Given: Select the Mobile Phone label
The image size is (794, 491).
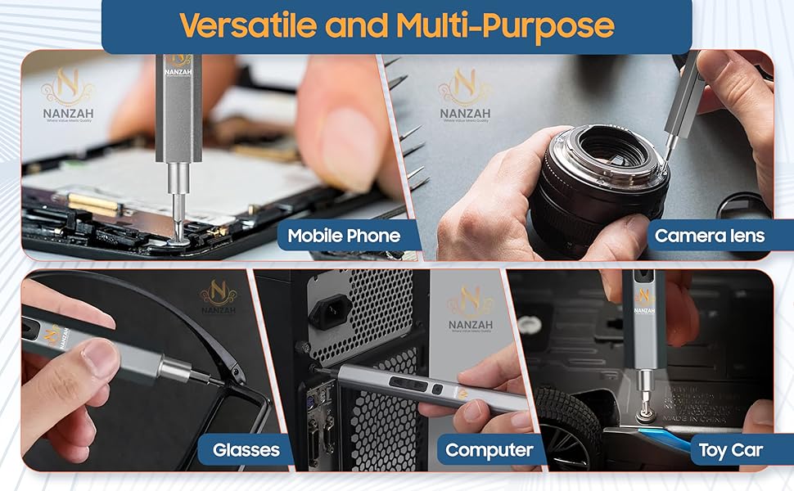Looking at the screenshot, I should (344, 236).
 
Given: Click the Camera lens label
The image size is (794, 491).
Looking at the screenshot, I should (710, 236).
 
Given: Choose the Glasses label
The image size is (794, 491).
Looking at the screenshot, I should (246, 450).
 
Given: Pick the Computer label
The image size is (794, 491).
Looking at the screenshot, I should (489, 450).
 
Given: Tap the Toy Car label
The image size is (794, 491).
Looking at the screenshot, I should (730, 450).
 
